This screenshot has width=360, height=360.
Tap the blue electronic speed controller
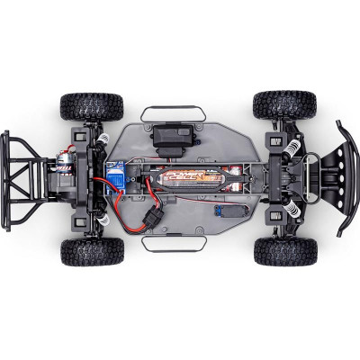114,177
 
